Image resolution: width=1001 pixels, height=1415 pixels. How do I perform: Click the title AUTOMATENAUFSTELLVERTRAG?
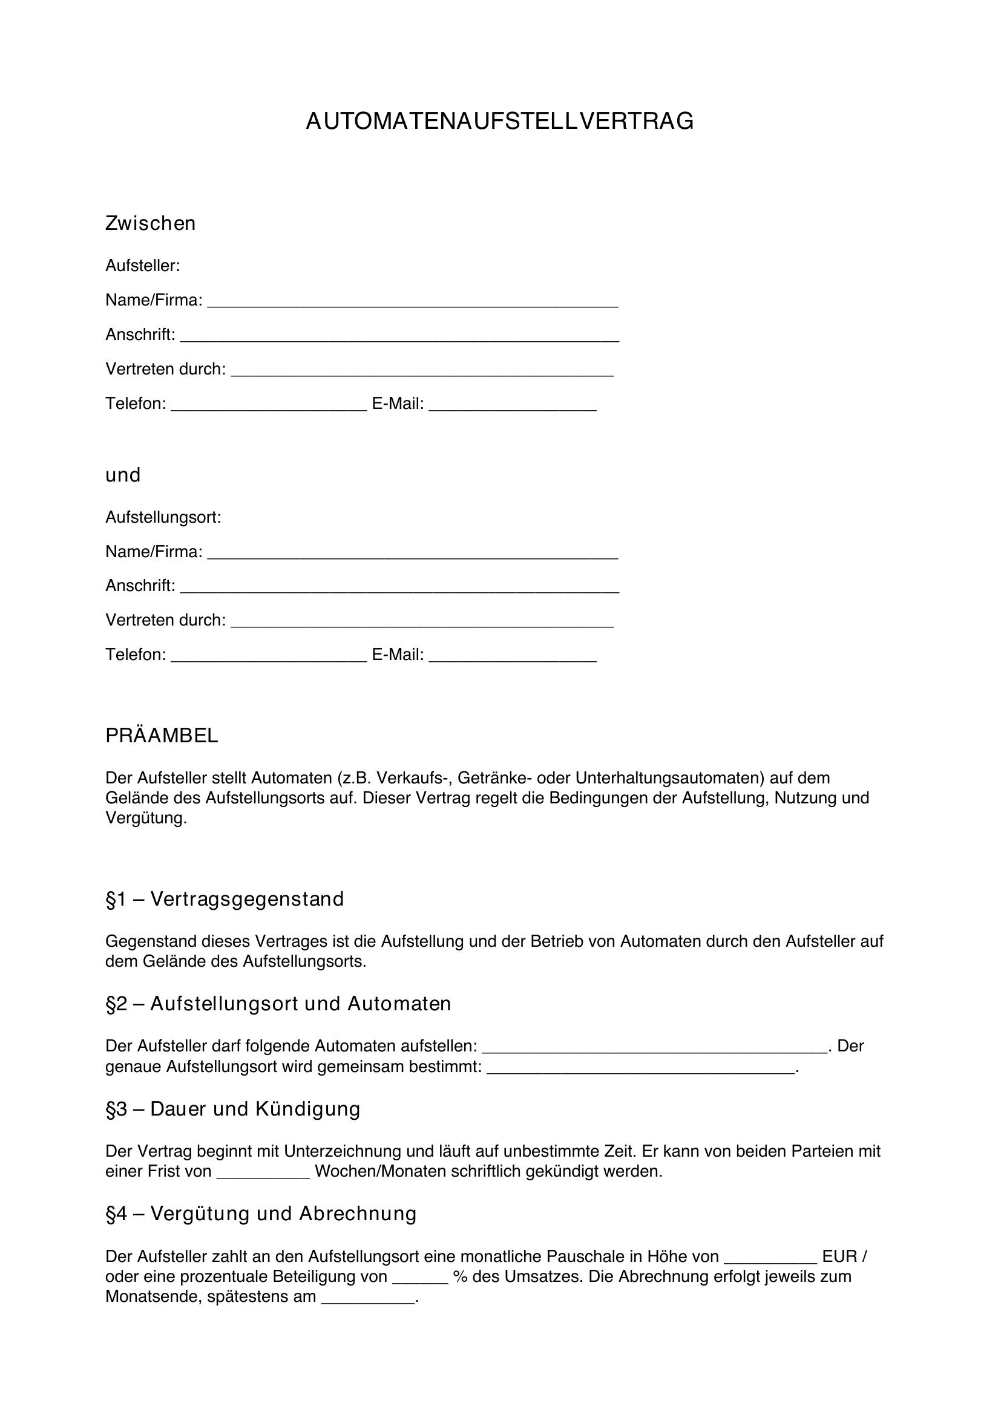pos(500,122)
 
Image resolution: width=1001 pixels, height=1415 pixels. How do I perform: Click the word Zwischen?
pos(151,223)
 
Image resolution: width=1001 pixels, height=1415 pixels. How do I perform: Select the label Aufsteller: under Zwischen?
pos(142,266)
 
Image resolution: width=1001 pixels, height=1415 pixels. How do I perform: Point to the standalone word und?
pos(123,475)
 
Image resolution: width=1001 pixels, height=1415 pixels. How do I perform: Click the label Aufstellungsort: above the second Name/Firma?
pos(163,517)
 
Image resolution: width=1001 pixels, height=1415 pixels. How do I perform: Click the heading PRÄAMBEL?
pos(162,735)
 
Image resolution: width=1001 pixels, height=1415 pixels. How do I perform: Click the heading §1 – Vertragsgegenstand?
pos(225,899)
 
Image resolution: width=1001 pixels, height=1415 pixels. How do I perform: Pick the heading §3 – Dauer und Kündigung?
pos(233,1109)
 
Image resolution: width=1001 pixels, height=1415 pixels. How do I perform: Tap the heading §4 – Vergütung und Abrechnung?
pos(261,1214)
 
